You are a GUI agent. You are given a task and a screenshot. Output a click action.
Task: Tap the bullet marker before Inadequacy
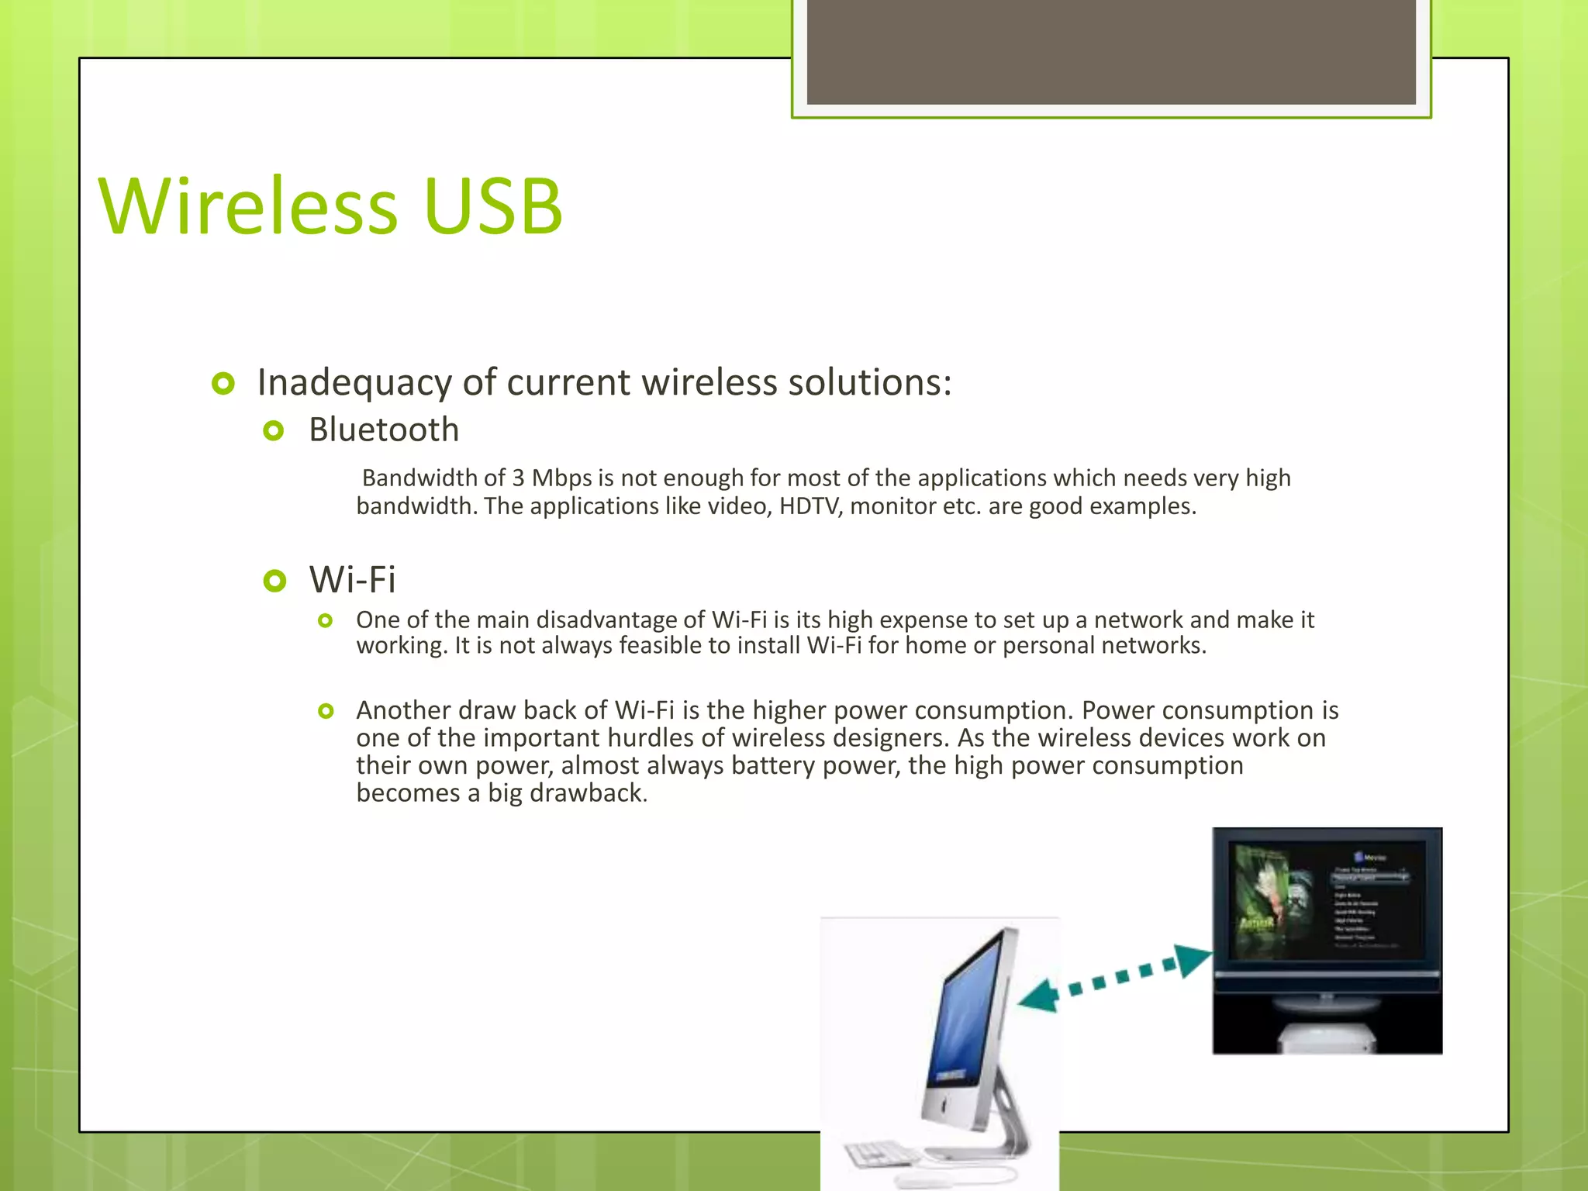[x=223, y=383]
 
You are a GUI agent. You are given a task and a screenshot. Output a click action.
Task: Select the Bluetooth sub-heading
[x=384, y=430]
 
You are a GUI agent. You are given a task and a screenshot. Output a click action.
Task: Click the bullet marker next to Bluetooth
[x=274, y=430]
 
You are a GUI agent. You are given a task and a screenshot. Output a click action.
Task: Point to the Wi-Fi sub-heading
[x=352, y=579]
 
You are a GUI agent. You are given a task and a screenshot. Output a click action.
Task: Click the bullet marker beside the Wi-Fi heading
[x=274, y=580]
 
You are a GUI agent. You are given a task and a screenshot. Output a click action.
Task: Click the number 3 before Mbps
[x=518, y=478]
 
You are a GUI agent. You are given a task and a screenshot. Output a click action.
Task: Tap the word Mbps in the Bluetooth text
[x=561, y=478]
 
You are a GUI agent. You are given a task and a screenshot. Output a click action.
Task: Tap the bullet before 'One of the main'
[x=326, y=620]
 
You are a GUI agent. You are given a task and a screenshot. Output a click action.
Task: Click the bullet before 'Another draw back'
[x=326, y=710]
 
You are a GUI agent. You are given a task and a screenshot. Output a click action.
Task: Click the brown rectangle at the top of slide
[x=1110, y=51]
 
